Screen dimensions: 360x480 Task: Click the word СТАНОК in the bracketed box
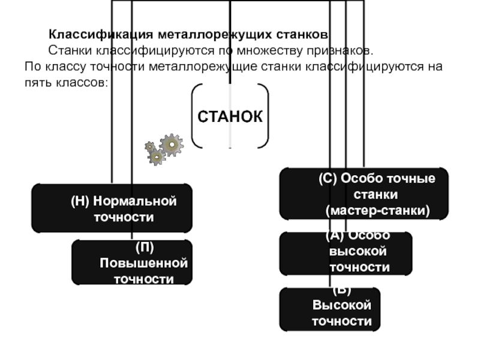[230, 116]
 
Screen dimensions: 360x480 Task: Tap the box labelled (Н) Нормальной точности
[112, 208]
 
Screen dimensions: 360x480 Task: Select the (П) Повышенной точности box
[132, 263]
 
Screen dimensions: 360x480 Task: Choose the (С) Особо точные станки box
[364, 193]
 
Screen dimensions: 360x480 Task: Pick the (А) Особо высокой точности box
[346, 253]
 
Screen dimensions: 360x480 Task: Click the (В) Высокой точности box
[329, 309]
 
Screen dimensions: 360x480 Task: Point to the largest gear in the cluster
[172, 145]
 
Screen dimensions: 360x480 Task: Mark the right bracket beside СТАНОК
[265, 116]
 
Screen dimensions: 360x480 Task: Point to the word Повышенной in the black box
[143, 263]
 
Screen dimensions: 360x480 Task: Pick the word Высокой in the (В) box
[341, 305]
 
